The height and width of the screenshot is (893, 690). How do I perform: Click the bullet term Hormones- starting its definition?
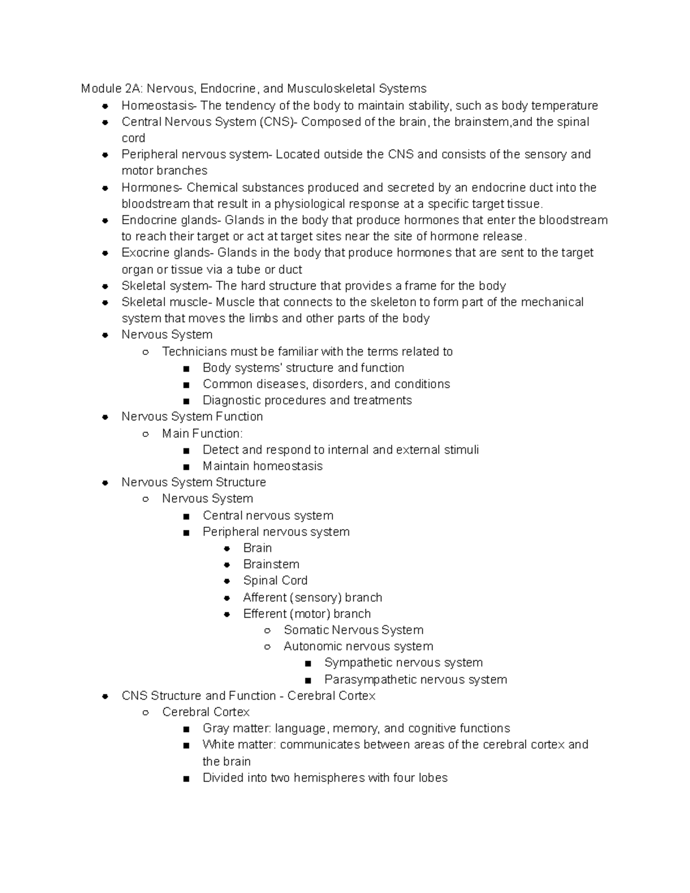click(152, 188)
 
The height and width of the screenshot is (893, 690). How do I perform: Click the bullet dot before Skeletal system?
click(105, 286)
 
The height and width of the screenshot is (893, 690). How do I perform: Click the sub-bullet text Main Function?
click(202, 434)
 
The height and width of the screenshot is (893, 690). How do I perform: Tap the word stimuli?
click(461, 450)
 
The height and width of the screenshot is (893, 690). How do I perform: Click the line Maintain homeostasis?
click(262, 466)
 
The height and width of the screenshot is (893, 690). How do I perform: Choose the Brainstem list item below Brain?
click(271, 564)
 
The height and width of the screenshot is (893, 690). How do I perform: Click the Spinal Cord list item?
click(275, 581)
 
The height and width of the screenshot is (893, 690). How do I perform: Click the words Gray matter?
click(236, 729)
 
